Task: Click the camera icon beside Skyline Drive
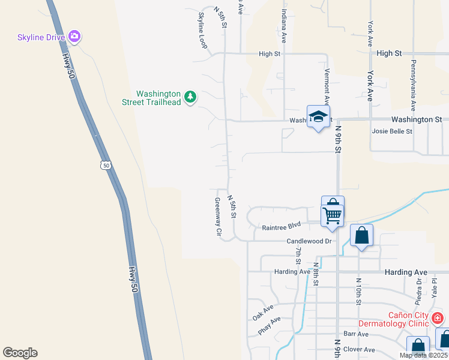point(75,37)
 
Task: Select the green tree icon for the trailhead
point(190,97)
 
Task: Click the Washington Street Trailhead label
point(158,98)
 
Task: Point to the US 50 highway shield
point(106,164)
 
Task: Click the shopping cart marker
point(333,214)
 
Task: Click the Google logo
point(20,353)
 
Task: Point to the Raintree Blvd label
point(281,227)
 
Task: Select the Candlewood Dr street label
point(309,241)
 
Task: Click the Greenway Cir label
point(218,216)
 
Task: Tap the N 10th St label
point(358,291)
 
